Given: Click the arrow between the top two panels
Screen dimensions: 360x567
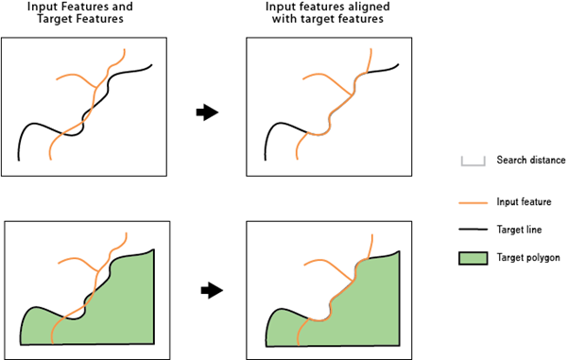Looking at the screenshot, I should click(206, 112).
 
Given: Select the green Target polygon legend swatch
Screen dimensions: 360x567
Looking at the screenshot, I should click(472, 257).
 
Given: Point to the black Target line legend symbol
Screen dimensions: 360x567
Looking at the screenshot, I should click(472, 230).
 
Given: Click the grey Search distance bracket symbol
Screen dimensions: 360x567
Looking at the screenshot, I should click(472, 161).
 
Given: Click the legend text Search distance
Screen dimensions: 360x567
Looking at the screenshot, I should click(530, 160).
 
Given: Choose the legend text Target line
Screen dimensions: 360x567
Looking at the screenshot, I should click(520, 230).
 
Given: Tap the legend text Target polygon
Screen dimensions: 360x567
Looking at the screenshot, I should click(528, 257).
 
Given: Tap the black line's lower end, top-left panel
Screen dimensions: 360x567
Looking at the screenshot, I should click(20, 159).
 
